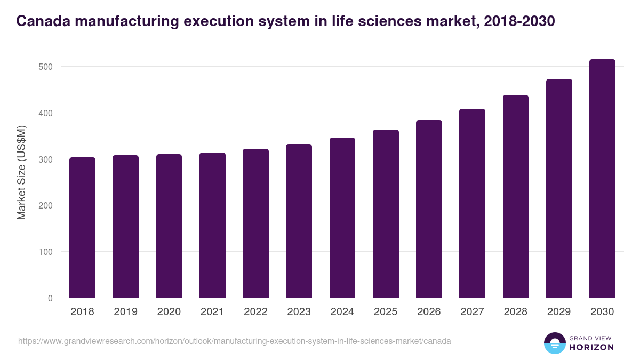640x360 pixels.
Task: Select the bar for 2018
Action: pyautogui.click(x=82, y=228)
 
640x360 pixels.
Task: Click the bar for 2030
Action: pyautogui.click(x=602, y=179)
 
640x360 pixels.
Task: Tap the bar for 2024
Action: pyautogui.click(x=342, y=218)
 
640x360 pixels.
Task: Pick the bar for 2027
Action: pyautogui.click(x=472, y=203)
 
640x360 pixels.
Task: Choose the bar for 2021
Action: pyautogui.click(x=212, y=225)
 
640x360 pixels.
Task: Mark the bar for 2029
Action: pyautogui.click(x=559, y=188)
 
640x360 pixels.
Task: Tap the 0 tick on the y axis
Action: pyautogui.click(x=50, y=298)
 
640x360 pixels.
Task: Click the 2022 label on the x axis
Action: pyautogui.click(x=255, y=312)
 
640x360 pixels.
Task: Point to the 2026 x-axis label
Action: pyautogui.click(x=429, y=312)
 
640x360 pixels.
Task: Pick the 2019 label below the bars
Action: pyautogui.click(x=125, y=312)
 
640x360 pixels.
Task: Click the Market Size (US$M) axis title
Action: pyautogui.click(x=21, y=172)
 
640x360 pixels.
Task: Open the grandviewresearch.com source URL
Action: pyautogui.click(x=235, y=341)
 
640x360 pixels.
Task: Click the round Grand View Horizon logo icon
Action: pyautogui.click(x=555, y=343)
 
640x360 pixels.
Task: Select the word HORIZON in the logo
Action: pyautogui.click(x=591, y=347)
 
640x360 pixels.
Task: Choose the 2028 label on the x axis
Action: pyautogui.click(x=516, y=312)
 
